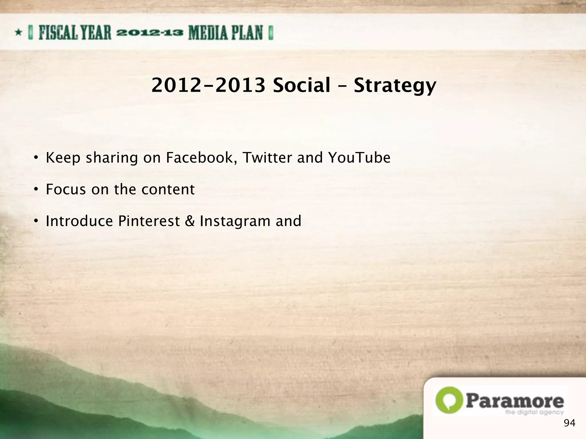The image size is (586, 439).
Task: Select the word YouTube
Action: coord(359,158)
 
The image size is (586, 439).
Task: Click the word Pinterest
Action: coord(149,221)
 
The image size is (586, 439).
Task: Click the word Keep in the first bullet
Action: coord(63,158)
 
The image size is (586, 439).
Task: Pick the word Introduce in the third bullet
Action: coord(79,221)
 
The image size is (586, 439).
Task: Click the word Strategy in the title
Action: coord(395,86)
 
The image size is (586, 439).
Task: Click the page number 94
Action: coord(569,423)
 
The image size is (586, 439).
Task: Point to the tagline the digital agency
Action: coord(534,412)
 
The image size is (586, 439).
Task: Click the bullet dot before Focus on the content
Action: coord(35,189)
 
